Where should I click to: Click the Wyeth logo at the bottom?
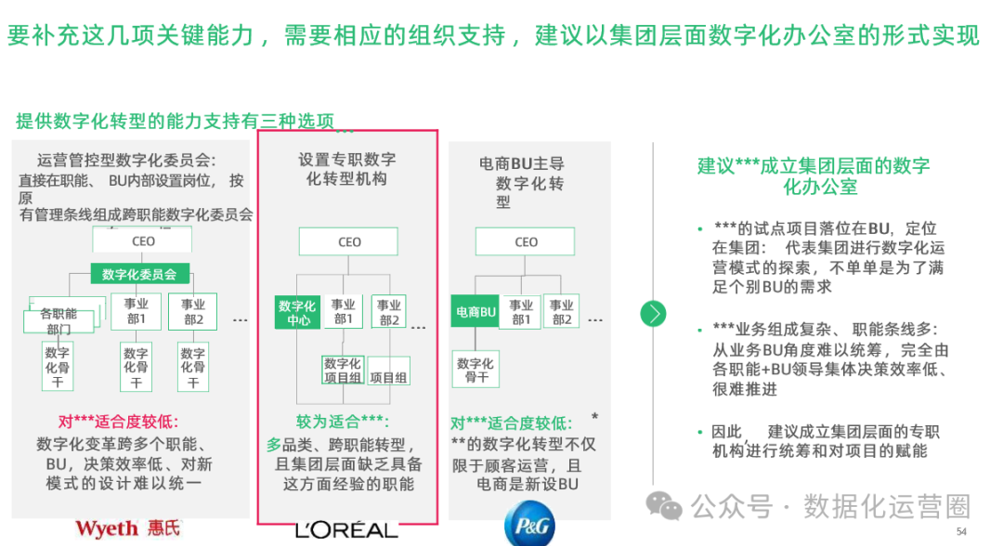(128, 528)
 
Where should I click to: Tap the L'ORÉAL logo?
(346, 530)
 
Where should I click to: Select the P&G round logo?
(529, 526)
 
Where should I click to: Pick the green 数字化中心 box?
(296, 313)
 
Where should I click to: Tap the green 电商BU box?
(475, 313)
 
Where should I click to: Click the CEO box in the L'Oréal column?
(349, 242)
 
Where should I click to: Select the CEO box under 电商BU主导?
(526, 242)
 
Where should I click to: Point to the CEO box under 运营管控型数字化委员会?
(143, 241)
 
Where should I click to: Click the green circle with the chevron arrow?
(654, 313)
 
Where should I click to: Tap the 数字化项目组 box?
(343, 370)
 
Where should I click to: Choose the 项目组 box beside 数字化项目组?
(389, 377)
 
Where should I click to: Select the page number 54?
(961, 530)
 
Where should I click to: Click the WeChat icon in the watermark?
(665, 505)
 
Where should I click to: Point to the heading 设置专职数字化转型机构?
(347, 169)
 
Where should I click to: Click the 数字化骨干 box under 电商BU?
(475, 370)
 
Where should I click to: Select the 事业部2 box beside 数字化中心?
(389, 312)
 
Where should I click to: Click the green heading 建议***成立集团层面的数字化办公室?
(814, 175)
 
